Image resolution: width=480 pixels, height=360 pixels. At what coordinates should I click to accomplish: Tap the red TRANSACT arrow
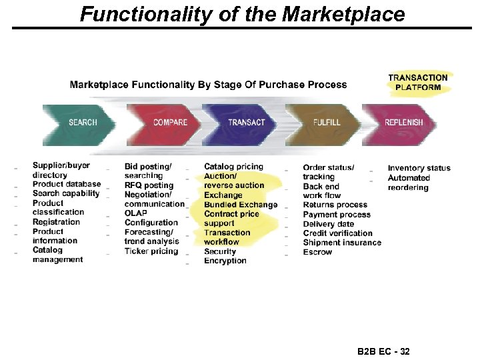click(246, 123)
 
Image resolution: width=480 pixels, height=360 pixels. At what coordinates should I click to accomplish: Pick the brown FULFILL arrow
click(327, 123)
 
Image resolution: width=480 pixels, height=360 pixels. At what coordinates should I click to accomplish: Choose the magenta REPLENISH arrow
click(404, 123)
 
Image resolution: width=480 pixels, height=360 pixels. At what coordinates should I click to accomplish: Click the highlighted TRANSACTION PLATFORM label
click(418, 82)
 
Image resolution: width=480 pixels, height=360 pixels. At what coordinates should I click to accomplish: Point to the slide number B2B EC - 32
click(383, 351)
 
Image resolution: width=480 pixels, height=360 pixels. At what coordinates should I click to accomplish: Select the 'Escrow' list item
click(317, 252)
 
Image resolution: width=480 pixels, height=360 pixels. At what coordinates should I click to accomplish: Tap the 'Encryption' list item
click(225, 261)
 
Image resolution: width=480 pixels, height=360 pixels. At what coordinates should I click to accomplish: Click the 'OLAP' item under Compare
click(136, 213)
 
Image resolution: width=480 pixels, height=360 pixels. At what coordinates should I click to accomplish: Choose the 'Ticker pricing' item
click(151, 251)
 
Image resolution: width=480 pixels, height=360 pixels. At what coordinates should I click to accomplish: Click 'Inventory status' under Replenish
click(419, 168)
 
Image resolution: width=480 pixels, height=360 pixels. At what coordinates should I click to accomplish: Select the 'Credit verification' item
click(337, 233)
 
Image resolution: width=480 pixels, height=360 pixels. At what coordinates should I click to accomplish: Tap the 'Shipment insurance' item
click(342, 243)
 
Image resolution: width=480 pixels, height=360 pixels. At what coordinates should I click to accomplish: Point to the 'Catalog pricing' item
click(233, 167)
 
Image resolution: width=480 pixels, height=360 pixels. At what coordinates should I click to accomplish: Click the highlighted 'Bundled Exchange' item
click(241, 205)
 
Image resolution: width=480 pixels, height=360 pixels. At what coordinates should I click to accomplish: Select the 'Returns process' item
click(335, 205)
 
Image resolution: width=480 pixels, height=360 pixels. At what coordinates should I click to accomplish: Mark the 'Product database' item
click(67, 185)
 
